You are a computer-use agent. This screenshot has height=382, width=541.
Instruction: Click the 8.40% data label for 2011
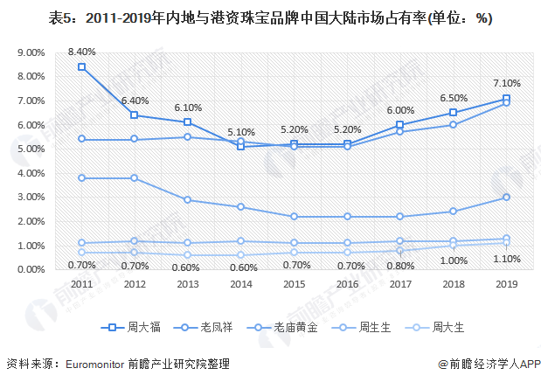click(x=81, y=52)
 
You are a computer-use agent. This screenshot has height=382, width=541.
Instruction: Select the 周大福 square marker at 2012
click(x=135, y=115)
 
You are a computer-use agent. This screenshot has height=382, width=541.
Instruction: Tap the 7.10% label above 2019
click(x=506, y=84)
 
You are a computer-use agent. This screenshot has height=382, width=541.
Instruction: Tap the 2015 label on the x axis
click(x=294, y=284)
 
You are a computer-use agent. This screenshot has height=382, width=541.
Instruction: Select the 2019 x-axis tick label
click(x=506, y=284)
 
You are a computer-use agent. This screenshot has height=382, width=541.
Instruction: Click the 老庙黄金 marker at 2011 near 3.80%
click(x=81, y=177)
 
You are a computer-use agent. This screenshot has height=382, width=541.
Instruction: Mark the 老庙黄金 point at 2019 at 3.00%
click(x=506, y=198)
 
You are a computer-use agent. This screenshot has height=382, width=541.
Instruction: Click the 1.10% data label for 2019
click(x=506, y=259)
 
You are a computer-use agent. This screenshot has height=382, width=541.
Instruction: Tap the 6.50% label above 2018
click(x=453, y=99)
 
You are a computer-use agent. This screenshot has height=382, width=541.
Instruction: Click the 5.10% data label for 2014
click(x=240, y=132)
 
